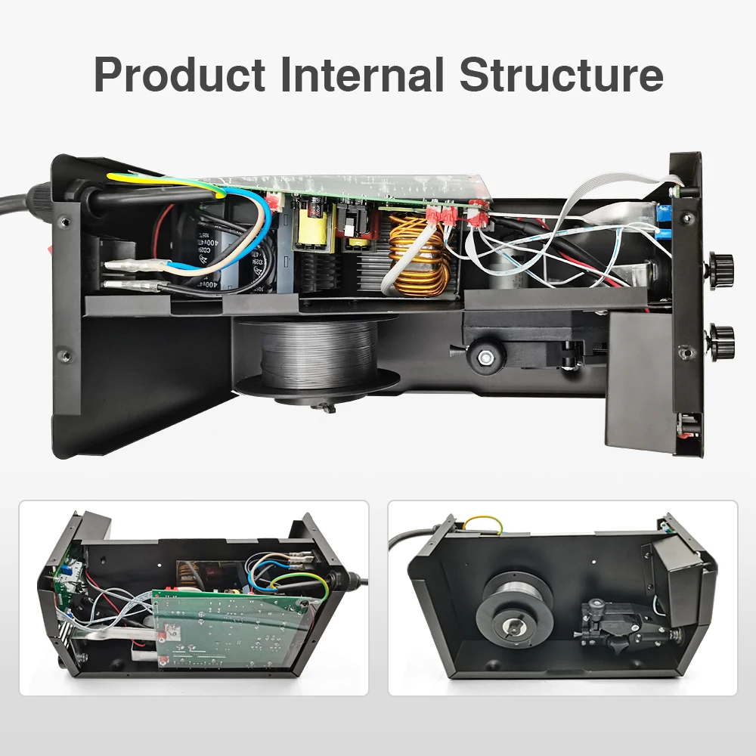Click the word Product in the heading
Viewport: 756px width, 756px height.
point(178,74)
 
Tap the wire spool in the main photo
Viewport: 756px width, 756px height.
point(318,352)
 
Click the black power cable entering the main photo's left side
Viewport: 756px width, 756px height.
point(23,202)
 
